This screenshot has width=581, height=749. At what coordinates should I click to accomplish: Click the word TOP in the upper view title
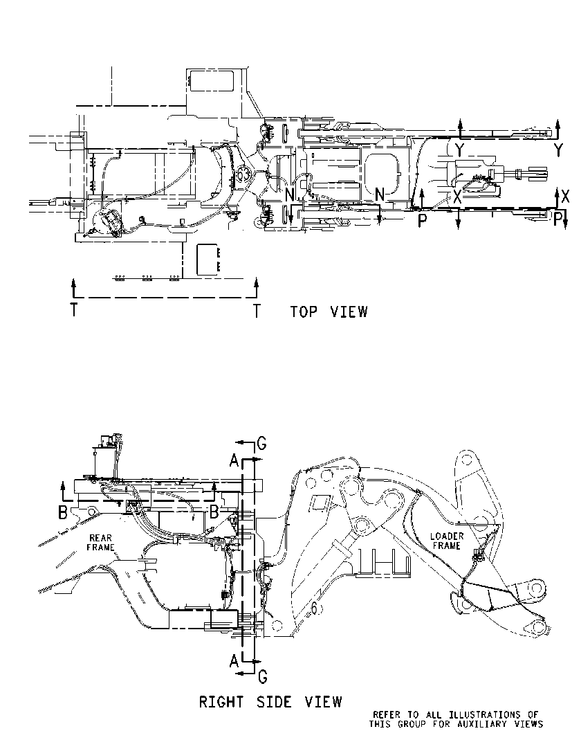pos(304,312)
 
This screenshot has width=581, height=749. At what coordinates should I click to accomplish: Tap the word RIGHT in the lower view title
pos(221,702)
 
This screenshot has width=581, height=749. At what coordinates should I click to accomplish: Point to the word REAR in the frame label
pos(100,539)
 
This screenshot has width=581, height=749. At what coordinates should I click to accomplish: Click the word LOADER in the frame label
pos(447,536)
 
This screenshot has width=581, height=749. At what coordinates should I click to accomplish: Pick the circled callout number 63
pos(243,174)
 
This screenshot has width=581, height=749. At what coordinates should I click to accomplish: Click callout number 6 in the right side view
pos(314,608)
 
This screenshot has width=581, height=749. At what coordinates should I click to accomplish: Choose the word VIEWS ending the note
pos(531,724)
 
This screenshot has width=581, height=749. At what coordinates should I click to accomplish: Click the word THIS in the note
pos(380,724)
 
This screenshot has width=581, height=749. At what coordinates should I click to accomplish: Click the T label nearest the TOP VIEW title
pos(257,312)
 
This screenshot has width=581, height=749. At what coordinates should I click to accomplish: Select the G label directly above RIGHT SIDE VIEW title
pos(262,677)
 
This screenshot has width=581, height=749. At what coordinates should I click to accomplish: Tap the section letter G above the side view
pos(261,444)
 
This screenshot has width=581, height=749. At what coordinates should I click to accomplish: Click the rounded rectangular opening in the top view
pos(382,172)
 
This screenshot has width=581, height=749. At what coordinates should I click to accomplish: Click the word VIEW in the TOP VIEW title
pos(349,312)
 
